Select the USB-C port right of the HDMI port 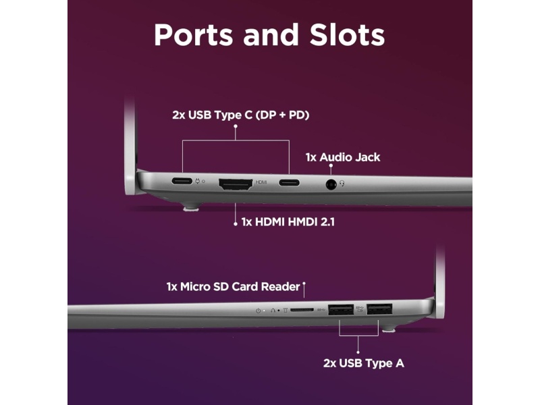290,182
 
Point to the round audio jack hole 331,183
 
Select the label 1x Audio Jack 342,157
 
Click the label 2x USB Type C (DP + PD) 241,115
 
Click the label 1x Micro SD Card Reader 233,287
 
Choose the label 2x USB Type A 363,363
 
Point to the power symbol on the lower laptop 259,310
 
